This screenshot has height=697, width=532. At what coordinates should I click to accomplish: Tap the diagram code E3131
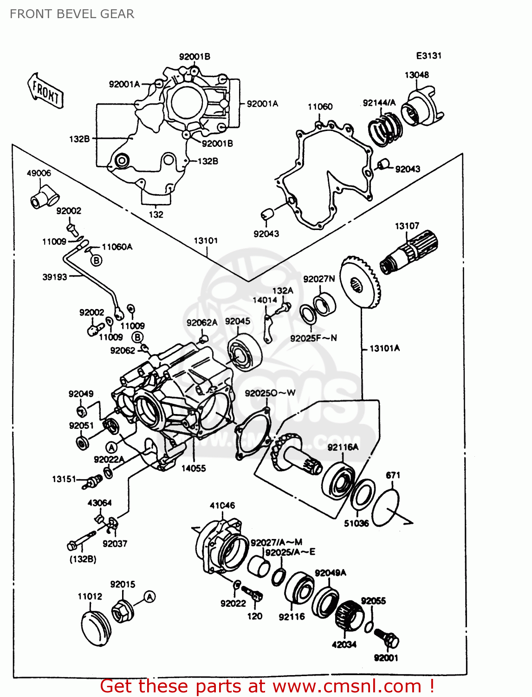[428, 56]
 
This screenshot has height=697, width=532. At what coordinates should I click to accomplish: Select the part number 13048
[416, 75]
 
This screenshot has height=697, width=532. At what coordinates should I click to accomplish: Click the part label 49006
[39, 173]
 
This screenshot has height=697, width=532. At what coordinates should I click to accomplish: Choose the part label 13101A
[384, 348]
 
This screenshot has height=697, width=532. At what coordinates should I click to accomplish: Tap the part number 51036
[356, 523]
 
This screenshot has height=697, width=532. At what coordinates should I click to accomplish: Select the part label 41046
[222, 505]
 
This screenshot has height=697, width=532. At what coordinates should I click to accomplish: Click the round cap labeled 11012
[96, 629]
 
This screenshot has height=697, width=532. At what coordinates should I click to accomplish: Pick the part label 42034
[344, 644]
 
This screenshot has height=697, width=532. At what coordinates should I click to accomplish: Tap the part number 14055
[194, 468]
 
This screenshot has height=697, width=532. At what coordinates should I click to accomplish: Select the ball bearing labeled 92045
[245, 352]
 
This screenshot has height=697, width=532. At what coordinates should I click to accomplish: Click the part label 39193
[55, 277]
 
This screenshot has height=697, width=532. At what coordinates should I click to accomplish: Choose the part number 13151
[64, 479]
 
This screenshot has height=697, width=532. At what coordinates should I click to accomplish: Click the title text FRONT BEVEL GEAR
[72, 14]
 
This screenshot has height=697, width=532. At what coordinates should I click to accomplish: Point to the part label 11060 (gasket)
[320, 107]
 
